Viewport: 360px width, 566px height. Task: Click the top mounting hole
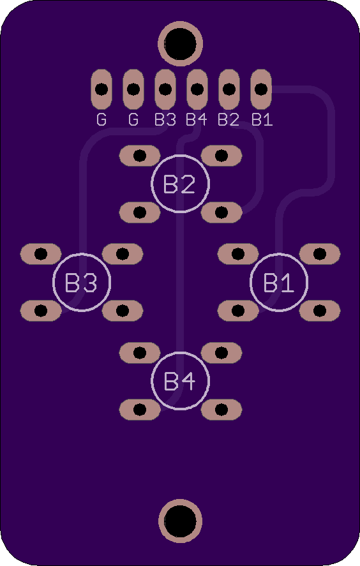(180, 43)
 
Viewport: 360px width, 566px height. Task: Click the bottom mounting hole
(180, 521)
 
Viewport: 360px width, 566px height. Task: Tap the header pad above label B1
(261, 89)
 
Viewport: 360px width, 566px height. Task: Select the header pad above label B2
(229, 89)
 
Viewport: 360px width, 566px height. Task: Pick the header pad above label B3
(165, 89)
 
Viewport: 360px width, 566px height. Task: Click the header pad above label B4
(197, 89)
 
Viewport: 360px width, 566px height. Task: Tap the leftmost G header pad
(101, 89)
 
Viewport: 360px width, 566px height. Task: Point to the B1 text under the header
(262, 119)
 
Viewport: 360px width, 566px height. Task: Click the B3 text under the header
(165, 119)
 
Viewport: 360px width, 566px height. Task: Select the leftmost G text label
(101, 119)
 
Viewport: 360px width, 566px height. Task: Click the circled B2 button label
(180, 184)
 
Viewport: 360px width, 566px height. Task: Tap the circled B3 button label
(82, 282)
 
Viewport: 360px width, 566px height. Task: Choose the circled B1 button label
(279, 282)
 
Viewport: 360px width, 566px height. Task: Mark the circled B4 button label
(180, 381)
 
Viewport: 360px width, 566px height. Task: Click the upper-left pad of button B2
(140, 156)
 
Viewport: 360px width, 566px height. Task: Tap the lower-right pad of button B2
(221, 212)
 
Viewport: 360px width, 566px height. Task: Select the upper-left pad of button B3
(41, 254)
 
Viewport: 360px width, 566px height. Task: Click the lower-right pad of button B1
(320, 311)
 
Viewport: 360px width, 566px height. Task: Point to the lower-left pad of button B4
(140, 409)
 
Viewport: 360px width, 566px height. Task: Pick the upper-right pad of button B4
(221, 353)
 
